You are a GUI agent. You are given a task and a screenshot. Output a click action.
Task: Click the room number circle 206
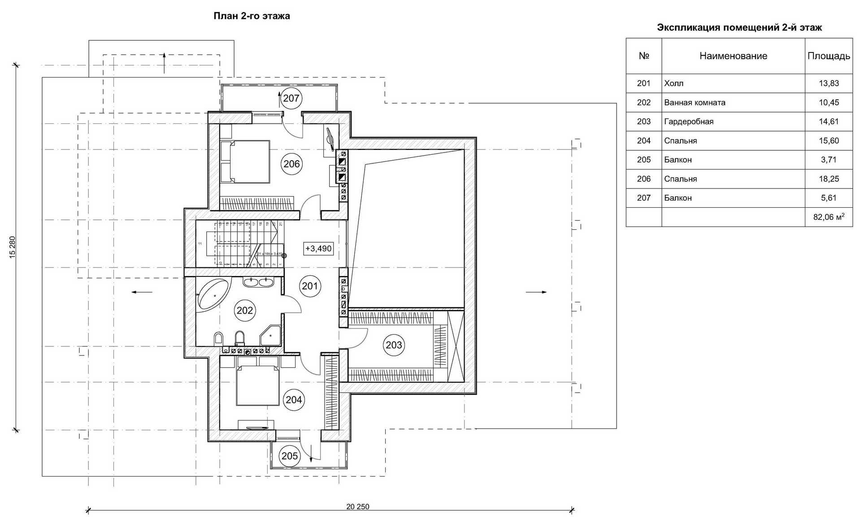click(x=291, y=164)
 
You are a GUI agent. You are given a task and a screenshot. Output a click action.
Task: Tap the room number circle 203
click(x=394, y=345)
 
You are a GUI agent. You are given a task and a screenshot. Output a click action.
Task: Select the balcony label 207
click(x=291, y=98)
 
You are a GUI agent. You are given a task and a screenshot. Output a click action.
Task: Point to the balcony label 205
click(x=290, y=456)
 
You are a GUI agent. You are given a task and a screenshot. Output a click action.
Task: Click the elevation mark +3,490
click(x=318, y=249)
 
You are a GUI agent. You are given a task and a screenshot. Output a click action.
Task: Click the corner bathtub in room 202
click(x=213, y=294)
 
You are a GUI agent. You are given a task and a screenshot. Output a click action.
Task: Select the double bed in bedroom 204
click(x=257, y=385)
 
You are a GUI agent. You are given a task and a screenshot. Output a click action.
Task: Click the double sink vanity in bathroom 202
click(x=258, y=282)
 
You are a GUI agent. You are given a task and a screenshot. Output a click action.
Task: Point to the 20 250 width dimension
click(x=357, y=507)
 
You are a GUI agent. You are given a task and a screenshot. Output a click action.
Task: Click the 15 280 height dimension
click(x=13, y=247)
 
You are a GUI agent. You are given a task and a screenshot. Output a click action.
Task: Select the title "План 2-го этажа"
click(x=252, y=16)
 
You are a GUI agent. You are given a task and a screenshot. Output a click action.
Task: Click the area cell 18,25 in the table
click(x=828, y=179)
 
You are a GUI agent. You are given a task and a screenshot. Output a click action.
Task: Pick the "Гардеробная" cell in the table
click(x=689, y=122)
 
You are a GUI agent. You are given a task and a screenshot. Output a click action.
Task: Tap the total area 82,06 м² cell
click(x=828, y=217)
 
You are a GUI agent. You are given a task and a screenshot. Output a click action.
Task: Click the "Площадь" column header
click(x=828, y=56)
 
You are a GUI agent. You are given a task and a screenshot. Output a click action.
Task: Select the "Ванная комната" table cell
click(x=695, y=103)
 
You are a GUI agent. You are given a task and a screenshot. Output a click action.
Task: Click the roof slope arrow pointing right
click(x=536, y=292)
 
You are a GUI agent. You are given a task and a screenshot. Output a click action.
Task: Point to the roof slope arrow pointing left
click(x=142, y=292)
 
